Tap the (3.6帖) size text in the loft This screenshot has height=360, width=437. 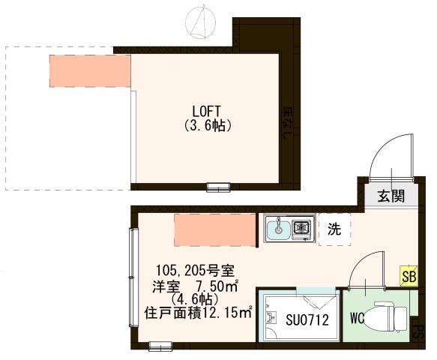point(208,126)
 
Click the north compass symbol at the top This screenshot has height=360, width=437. point(201,22)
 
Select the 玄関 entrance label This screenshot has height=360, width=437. point(391,197)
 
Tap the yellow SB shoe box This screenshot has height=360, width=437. point(409,275)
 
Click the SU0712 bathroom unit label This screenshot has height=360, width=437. point(306,319)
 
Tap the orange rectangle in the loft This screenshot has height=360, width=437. point(89,69)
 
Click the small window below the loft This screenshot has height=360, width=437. point(219,187)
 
